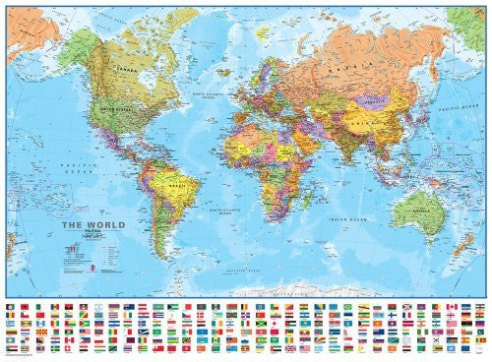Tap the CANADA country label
pyautogui.click(x=124, y=70)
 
